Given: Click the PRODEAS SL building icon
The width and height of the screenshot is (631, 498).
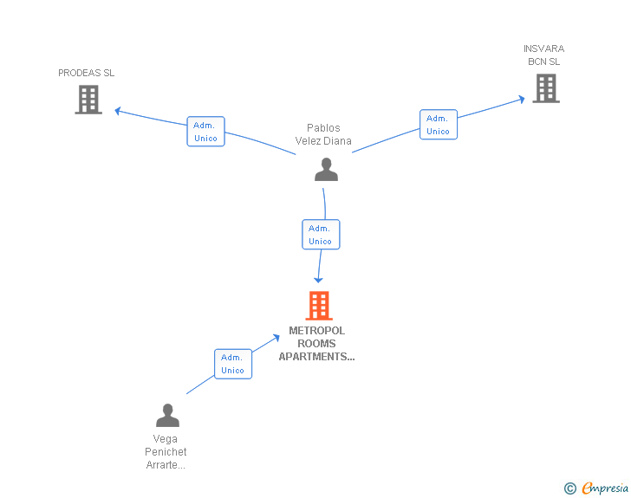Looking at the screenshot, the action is [x=88, y=100].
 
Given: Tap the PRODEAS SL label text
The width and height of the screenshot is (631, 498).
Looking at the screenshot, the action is [x=86, y=73].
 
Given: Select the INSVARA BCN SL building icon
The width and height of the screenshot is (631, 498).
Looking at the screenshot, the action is [x=546, y=88].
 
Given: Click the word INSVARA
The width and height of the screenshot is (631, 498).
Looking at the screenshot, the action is [x=543, y=49].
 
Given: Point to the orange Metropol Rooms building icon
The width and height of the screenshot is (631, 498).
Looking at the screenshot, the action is [x=319, y=306].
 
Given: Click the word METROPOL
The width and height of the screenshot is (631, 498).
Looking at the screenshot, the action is [x=316, y=331].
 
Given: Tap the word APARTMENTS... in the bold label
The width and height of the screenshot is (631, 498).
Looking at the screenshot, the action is [x=316, y=357].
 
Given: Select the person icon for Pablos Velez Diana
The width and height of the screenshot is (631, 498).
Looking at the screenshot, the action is [x=326, y=170].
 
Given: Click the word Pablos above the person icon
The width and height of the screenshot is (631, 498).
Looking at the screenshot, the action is [x=323, y=128].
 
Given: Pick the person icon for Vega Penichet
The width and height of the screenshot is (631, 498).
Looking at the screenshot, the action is [x=167, y=415].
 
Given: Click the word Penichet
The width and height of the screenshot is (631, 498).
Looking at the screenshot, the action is [x=166, y=452].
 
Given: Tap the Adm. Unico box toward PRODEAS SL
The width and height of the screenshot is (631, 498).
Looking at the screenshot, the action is [x=205, y=132].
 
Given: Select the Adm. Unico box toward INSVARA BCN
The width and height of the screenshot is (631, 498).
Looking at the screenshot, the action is [x=439, y=125].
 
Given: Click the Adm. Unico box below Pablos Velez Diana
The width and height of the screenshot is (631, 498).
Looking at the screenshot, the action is [x=321, y=235].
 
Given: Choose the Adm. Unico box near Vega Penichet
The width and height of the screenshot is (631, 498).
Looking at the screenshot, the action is [x=233, y=364].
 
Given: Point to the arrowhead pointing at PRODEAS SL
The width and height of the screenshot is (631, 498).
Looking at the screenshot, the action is [x=118, y=111].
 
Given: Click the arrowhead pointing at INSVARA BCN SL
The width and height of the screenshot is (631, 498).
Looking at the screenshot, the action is [x=522, y=99].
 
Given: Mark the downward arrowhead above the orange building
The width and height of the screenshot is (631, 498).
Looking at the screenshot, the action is [x=318, y=280].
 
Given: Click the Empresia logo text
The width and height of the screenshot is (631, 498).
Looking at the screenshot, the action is [x=605, y=488].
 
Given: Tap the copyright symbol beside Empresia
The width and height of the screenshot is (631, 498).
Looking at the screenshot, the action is [x=570, y=488].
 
